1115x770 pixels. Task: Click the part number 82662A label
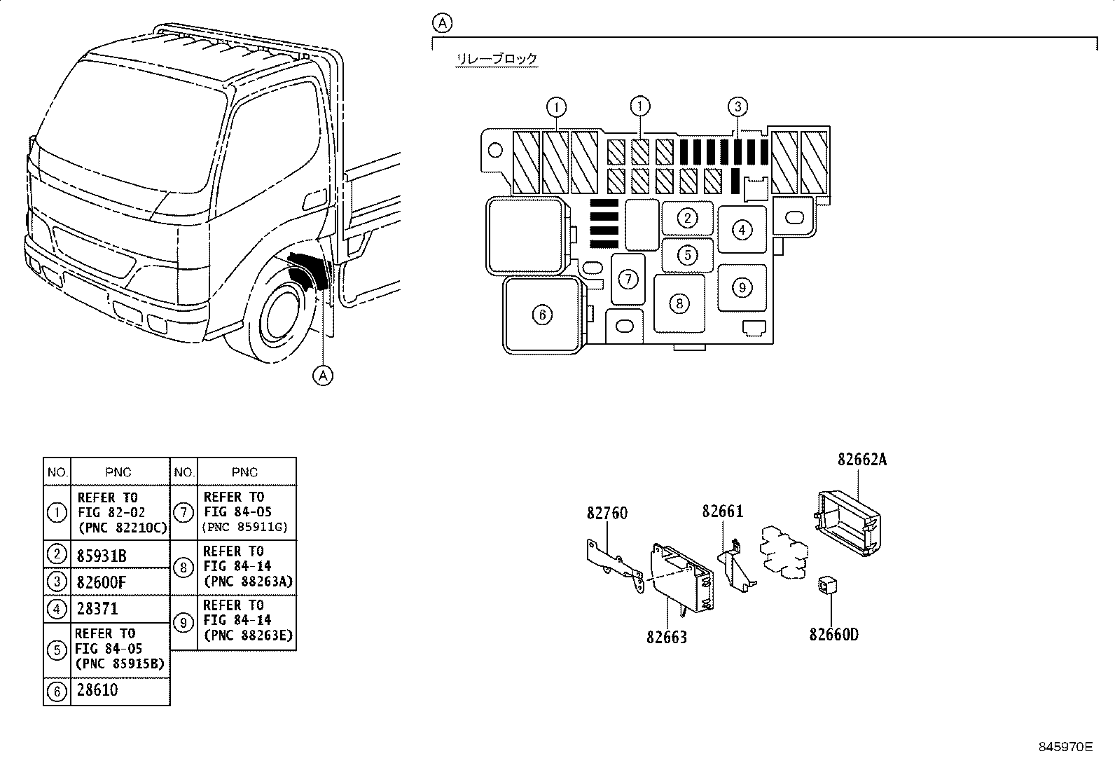(x=861, y=459)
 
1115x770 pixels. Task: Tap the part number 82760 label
(x=607, y=513)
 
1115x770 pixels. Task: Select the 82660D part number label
(x=833, y=635)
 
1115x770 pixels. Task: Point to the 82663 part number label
(x=667, y=637)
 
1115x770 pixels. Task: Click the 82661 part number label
(x=723, y=511)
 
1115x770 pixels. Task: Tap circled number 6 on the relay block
(x=543, y=315)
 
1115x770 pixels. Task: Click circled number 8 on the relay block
(x=679, y=304)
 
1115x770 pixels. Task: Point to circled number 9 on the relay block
(x=742, y=287)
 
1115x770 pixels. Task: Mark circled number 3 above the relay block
(x=737, y=106)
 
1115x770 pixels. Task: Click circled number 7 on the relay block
(x=628, y=280)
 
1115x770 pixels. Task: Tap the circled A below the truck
(x=323, y=375)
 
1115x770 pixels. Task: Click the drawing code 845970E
(x=1065, y=747)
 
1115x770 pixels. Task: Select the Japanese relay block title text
(x=497, y=59)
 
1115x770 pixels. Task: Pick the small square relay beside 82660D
(x=827, y=585)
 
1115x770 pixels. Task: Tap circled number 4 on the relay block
(x=742, y=230)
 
